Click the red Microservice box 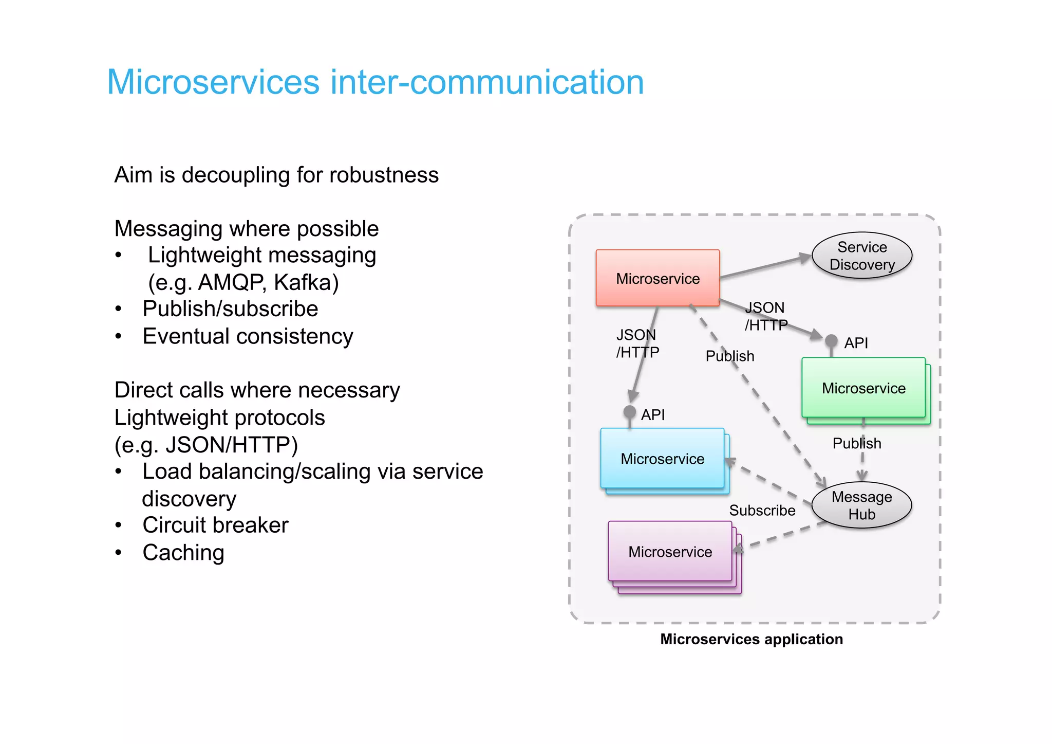click(x=657, y=278)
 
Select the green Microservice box click(x=863, y=388)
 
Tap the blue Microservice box click(x=662, y=458)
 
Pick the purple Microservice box click(x=670, y=551)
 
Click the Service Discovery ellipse click(x=862, y=256)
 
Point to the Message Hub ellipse click(x=861, y=505)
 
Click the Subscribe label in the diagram click(x=762, y=510)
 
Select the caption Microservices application click(x=751, y=639)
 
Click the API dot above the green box click(x=831, y=340)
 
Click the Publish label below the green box click(x=856, y=443)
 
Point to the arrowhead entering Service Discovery click(x=805, y=258)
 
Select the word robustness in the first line click(x=384, y=175)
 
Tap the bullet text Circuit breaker click(x=215, y=525)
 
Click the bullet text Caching click(x=183, y=553)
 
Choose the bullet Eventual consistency click(x=248, y=336)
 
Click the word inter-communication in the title click(x=486, y=82)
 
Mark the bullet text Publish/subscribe click(x=230, y=309)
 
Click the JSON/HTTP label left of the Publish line click(x=637, y=343)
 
